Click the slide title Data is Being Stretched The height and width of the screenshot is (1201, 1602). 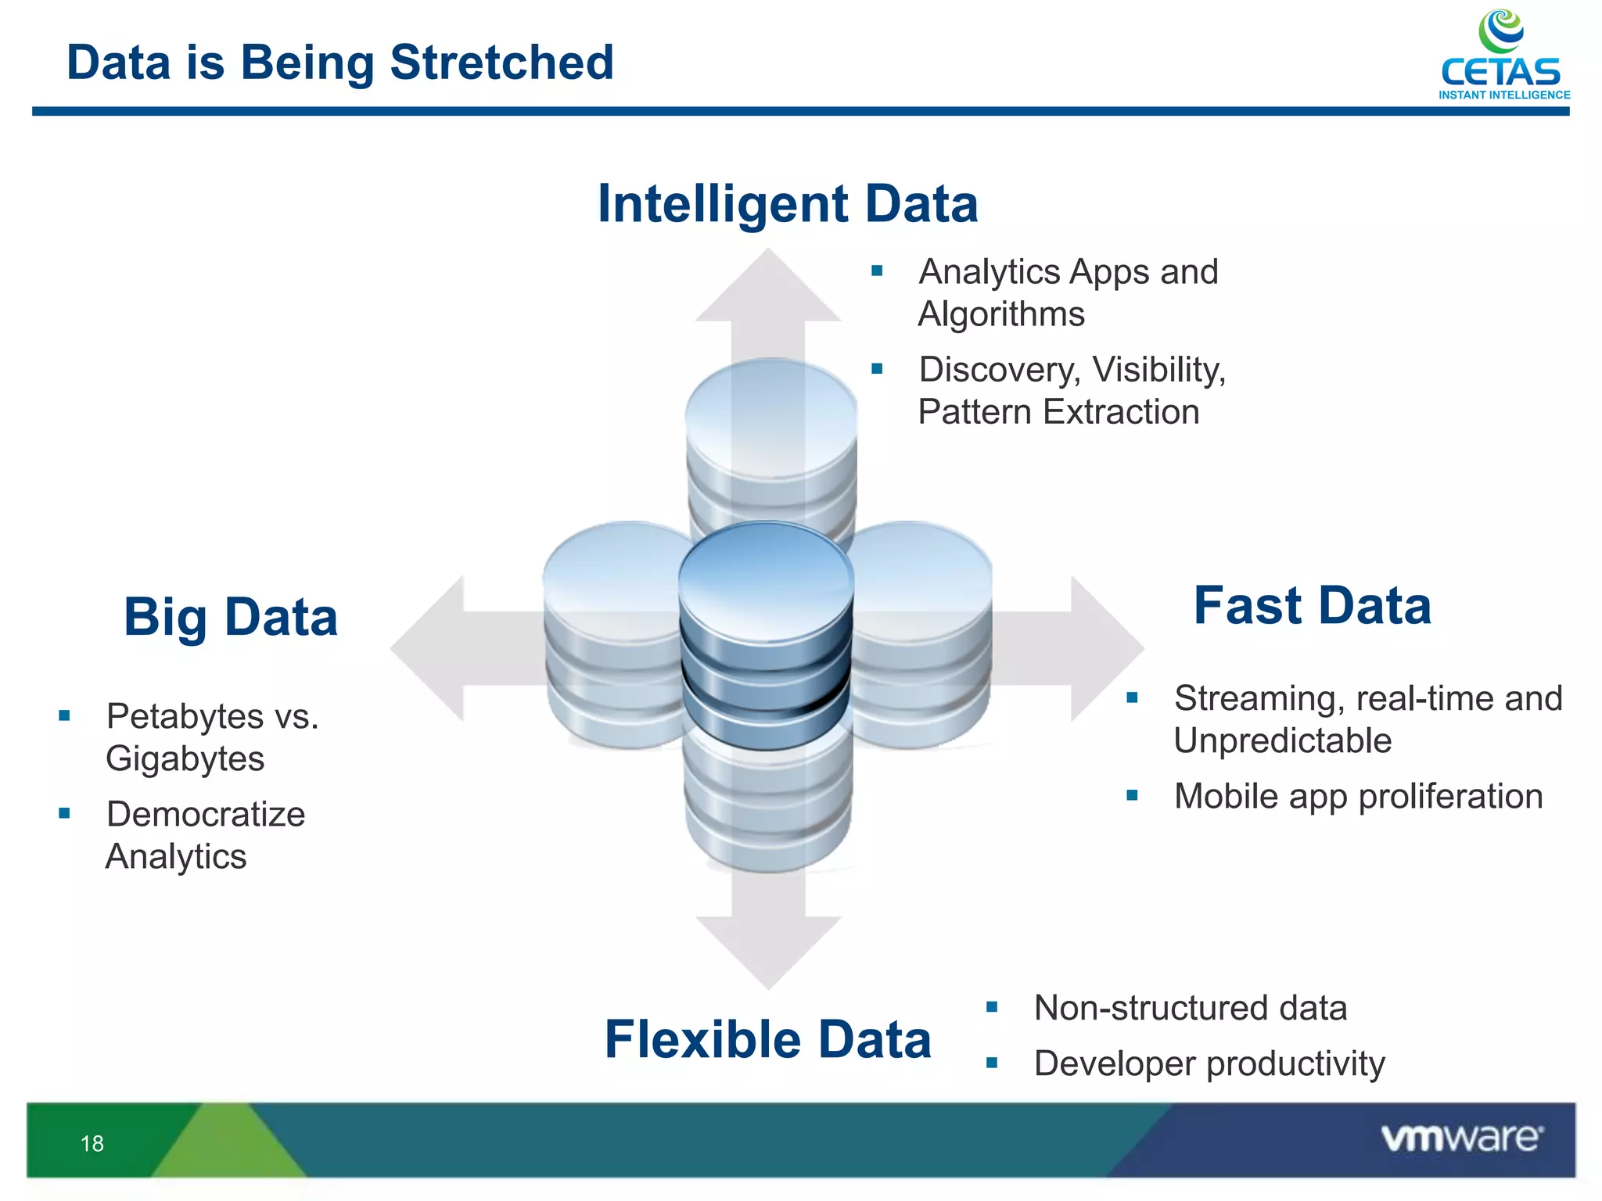340,63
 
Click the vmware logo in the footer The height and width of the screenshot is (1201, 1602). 1461,1138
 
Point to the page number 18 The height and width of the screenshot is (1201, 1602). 92,1144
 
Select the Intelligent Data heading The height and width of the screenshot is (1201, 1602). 788,204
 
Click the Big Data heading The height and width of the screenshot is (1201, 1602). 231,618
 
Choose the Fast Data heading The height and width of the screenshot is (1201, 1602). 1312,606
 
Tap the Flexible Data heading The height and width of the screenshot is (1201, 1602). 767,1040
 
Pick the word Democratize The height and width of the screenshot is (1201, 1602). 206,814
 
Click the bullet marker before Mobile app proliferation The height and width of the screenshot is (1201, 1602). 1132,796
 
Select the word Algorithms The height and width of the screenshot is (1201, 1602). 1001,314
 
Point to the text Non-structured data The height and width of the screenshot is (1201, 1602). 1190,1008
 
